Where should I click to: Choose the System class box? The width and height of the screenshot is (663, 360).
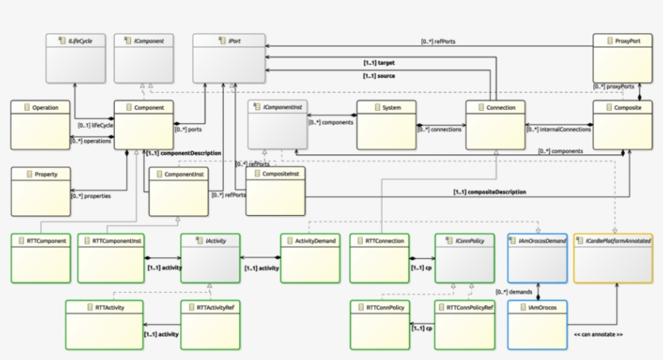[386, 124]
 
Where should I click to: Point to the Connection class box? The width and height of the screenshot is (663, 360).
[496, 124]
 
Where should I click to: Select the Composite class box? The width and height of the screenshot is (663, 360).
[623, 124]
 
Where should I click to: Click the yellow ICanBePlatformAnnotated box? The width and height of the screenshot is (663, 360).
[613, 257]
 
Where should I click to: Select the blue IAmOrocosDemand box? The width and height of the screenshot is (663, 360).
[538, 257]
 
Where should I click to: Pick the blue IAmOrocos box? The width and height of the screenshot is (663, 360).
[538, 323]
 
